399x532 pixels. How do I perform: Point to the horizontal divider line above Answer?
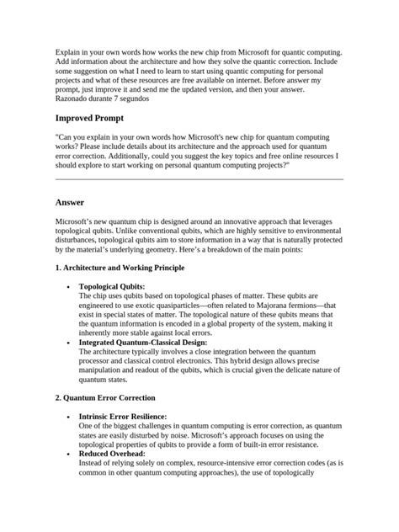click(199, 179)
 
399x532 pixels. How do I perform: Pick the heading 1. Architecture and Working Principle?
click(120, 267)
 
